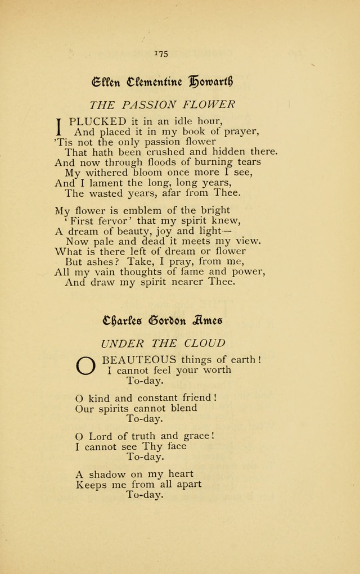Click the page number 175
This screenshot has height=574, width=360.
pyautogui.click(x=161, y=54)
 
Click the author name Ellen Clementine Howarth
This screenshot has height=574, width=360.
pyautogui.click(x=162, y=82)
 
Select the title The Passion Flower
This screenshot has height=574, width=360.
pyautogui.click(x=162, y=105)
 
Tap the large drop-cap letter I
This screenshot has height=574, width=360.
pyautogui.click(x=58, y=126)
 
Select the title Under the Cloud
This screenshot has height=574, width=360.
pyautogui.click(x=163, y=343)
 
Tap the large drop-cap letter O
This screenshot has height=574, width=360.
pyautogui.click(x=86, y=365)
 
